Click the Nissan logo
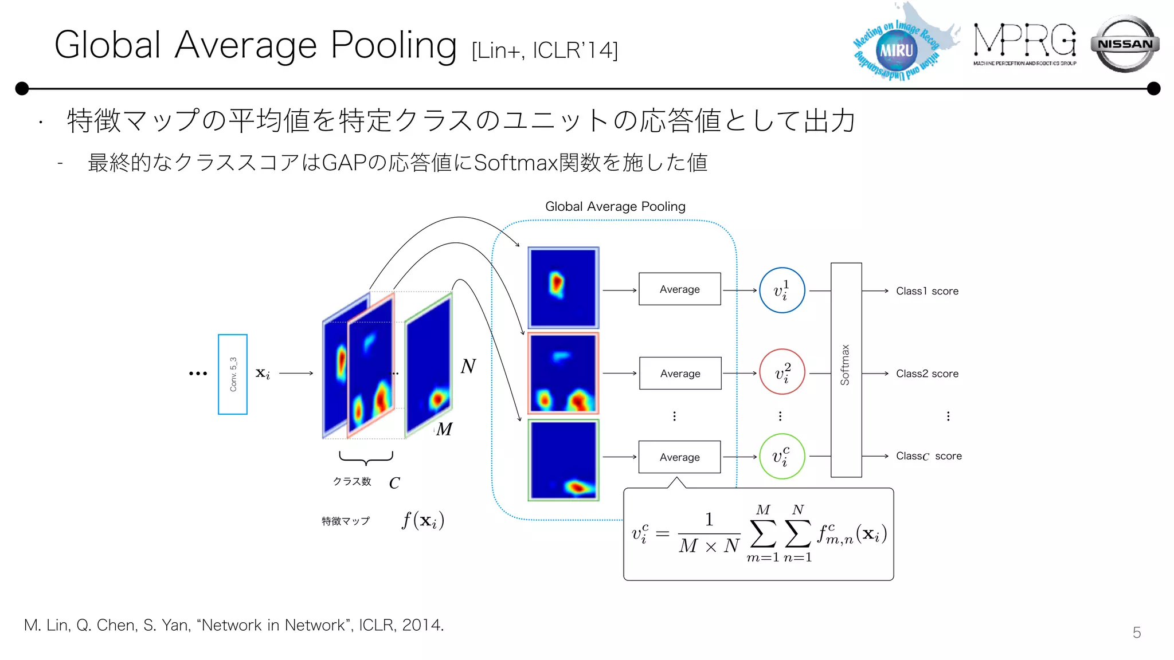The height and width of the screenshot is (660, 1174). click(x=1125, y=44)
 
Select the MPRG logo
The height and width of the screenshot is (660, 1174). click(x=1024, y=44)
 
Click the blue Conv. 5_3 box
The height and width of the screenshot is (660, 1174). click(x=233, y=374)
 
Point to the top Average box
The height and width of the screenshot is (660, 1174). click(x=679, y=289)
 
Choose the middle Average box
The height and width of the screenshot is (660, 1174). click(x=680, y=374)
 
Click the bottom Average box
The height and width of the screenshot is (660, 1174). click(x=679, y=457)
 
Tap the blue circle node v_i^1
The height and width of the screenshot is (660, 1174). click(x=782, y=290)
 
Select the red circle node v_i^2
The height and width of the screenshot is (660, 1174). click(x=782, y=372)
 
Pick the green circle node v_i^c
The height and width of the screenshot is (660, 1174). click(x=782, y=457)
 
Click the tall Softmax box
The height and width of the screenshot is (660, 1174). click(x=846, y=370)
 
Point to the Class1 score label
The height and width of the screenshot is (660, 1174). click(x=927, y=291)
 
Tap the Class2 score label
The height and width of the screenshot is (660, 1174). click(x=927, y=374)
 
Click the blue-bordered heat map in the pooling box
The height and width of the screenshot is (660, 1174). click(x=563, y=288)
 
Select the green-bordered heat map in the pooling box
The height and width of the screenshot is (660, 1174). click(x=563, y=460)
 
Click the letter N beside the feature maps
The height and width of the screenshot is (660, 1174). click(x=468, y=366)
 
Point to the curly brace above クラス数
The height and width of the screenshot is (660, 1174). click(x=366, y=458)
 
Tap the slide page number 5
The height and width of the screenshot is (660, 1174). click(x=1136, y=632)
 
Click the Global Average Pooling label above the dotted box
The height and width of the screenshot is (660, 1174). click(x=615, y=206)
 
